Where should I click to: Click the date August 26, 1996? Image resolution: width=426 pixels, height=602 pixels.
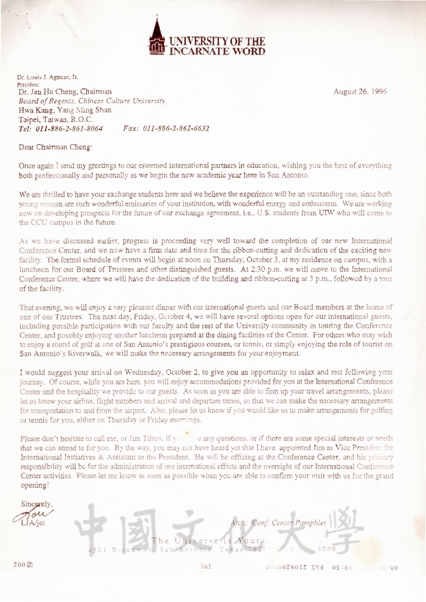click(x=360, y=92)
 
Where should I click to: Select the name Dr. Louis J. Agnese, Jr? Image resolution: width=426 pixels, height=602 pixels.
click(x=48, y=77)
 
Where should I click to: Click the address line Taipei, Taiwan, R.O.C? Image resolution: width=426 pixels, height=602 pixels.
click(x=52, y=119)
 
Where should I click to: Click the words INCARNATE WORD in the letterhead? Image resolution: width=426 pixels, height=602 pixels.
click(x=217, y=51)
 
